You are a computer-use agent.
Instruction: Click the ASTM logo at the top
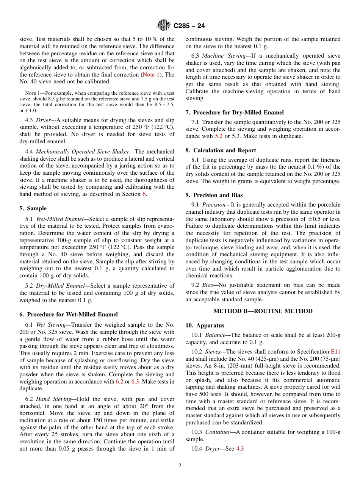tap(164, 26)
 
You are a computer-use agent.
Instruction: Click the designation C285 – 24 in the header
tap(189, 26)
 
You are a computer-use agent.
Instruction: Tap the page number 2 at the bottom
tap(180, 466)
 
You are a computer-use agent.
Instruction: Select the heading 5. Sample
tap(33, 208)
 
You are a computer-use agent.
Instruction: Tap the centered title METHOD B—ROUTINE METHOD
tap(263, 311)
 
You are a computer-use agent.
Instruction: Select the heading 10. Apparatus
tap(205, 326)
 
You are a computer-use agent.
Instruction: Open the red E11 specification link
tap(335, 352)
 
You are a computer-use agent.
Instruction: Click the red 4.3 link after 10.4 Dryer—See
tap(240, 449)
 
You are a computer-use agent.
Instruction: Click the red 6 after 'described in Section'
tap(144, 194)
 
